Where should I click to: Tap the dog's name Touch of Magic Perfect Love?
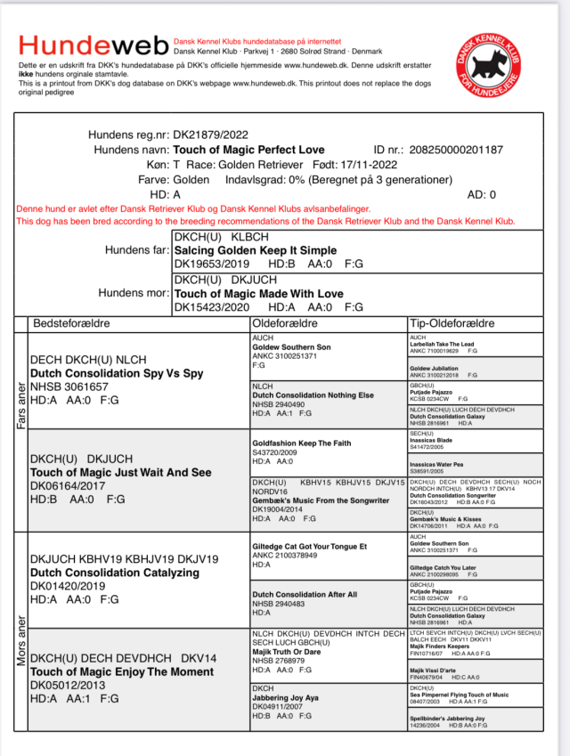pyautogui.click(x=248, y=150)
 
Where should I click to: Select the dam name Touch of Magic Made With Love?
pyautogui.click(x=257, y=293)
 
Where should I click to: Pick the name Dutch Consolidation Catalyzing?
pyautogui.click(x=115, y=573)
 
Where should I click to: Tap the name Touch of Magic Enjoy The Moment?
pyautogui.click(x=123, y=671)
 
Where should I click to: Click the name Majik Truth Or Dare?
pyautogui.click(x=288, y=652)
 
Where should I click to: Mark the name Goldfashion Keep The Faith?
pyautogui.click(x=303, y=442)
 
